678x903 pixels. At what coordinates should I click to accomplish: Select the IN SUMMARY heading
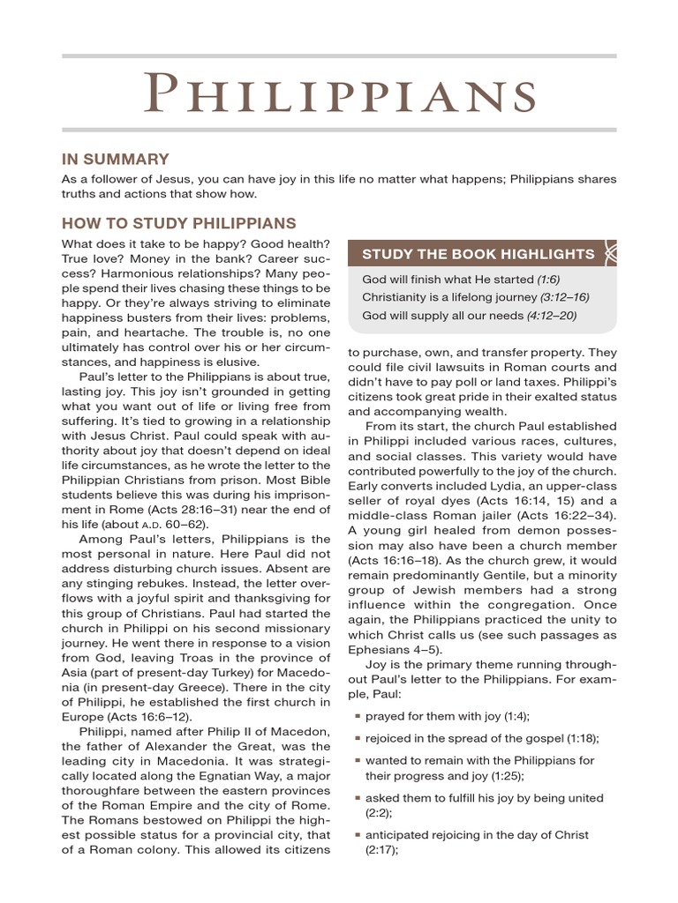point(115,160)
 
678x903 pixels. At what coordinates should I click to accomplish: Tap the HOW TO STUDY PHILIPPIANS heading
point(178,223)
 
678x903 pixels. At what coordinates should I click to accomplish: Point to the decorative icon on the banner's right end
point(609,254)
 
